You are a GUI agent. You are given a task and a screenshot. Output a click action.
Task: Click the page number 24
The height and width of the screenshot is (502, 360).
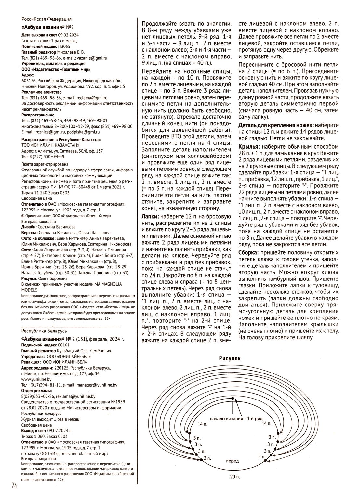point(14,486)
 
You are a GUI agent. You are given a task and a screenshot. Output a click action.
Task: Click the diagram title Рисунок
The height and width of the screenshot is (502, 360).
point(229,358)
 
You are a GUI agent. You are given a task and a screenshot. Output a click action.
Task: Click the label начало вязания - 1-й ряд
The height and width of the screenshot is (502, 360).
point(236,418)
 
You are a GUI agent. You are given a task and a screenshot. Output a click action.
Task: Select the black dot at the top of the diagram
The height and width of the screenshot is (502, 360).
point(232,399)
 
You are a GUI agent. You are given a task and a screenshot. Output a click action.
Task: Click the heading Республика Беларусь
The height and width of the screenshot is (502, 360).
point(44,331)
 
